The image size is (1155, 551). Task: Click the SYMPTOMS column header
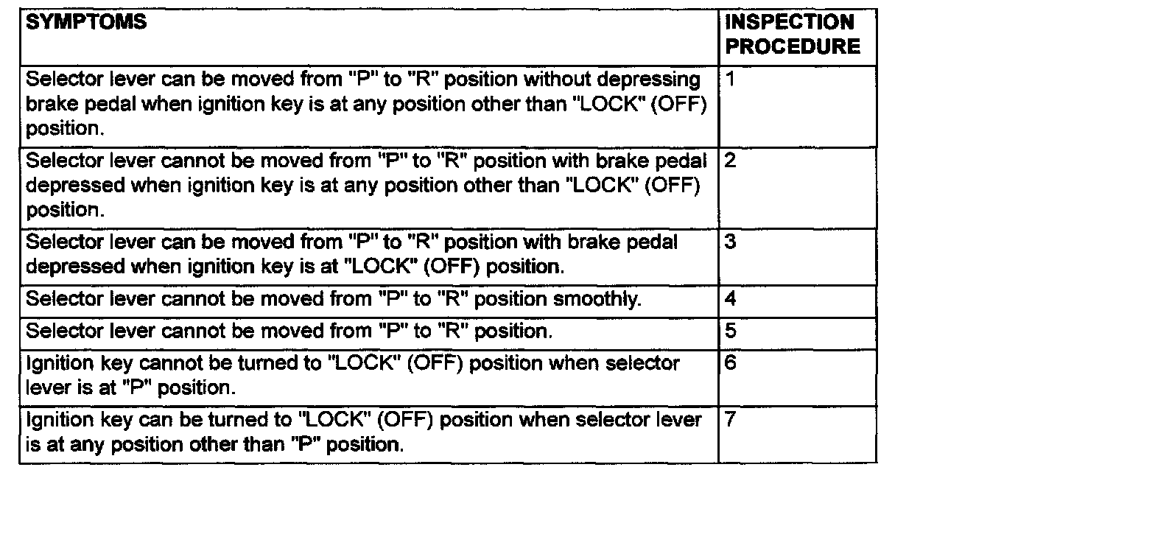[86, 23]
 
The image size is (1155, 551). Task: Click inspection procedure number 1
[729, 79]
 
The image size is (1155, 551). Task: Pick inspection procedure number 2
[730, 161]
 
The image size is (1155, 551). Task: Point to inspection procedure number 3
[730, 242]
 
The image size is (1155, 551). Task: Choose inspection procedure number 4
[730, 299]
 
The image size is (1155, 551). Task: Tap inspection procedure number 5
[730, 331]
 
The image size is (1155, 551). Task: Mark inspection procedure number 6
[730, 362]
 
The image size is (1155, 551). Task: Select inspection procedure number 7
[730, 419]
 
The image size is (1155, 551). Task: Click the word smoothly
[596, 299]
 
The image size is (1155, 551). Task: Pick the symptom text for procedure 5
[289, 331]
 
